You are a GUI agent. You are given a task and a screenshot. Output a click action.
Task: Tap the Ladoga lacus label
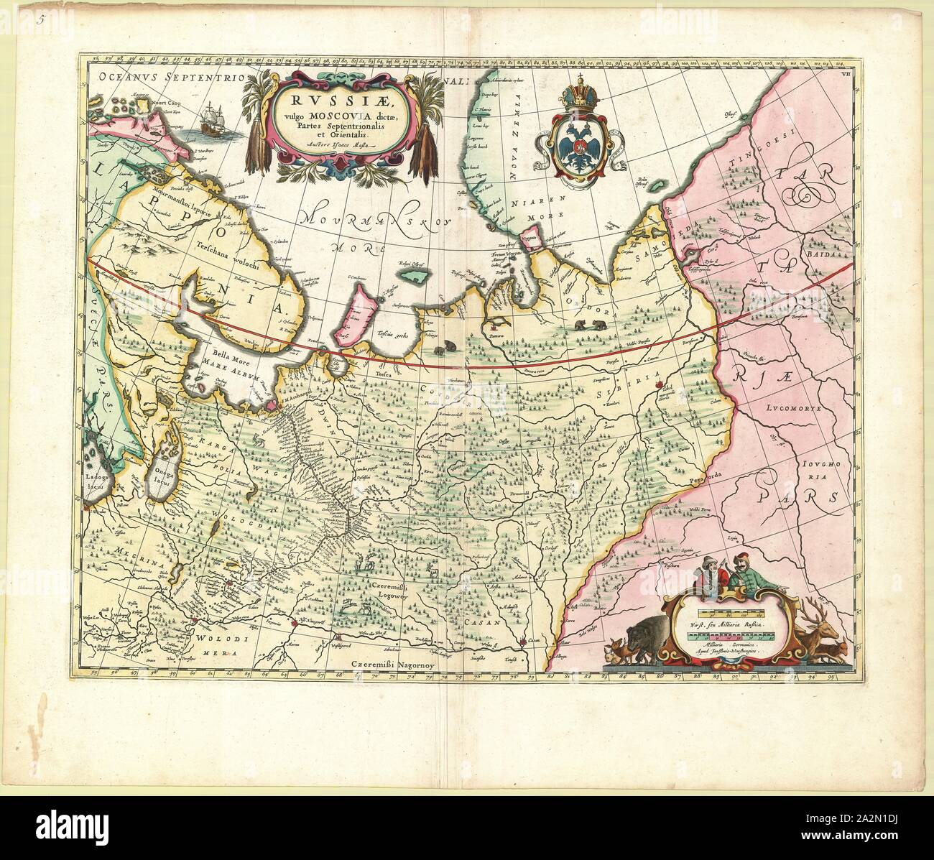click(96, 481)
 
